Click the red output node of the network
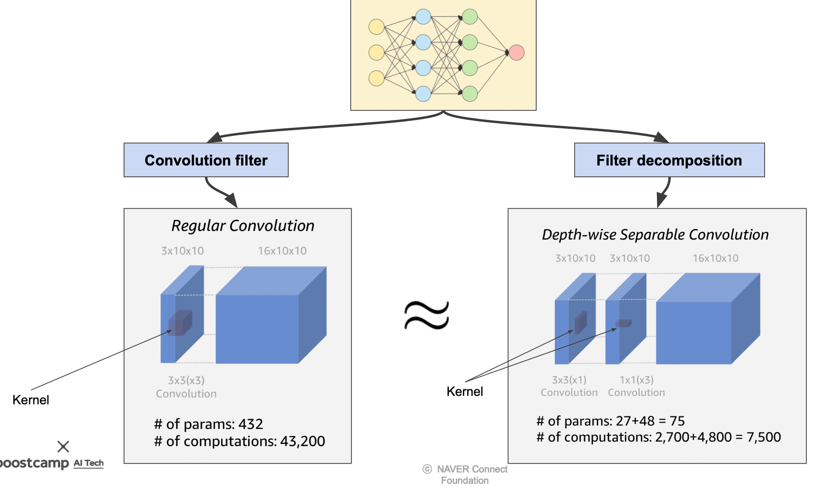coord(516,52)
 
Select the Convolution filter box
coord(206,160)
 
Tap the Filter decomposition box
coord(669,160)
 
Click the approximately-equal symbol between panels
coord(427,315)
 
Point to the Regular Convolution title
coord(242,226)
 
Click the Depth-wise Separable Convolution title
coord(655,235)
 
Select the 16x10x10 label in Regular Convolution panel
coord(282,251)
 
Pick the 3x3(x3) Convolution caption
coord(186,387)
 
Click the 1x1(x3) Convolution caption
coord(636,386)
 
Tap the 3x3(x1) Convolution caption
coord(569,386)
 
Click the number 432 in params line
coord(250,424)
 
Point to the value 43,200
coord(303,441)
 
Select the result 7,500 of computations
coord(764,437)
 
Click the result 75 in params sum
coord(677,421)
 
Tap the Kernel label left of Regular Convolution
coord(31,400)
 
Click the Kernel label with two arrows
coord(464,392)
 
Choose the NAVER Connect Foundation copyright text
coord(466,475)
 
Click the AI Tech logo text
coord(88,463)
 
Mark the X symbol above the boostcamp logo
coord(63,446)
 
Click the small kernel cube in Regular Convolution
coord(180,323)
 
